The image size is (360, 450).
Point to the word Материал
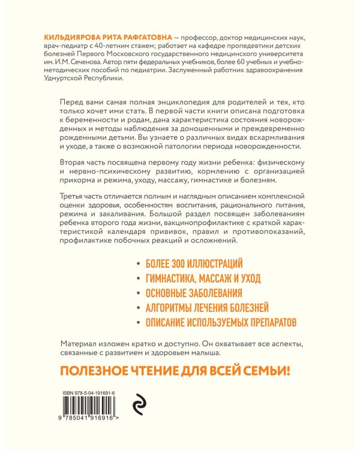point(80,343)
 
